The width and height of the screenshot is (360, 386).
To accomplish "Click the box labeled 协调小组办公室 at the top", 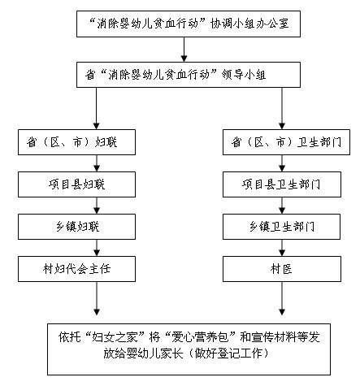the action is [x=189, y=24].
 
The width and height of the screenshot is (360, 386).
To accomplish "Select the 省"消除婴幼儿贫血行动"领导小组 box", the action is [x=189, y=75].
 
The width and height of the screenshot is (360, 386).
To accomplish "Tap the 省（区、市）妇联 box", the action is [x=76, y=142].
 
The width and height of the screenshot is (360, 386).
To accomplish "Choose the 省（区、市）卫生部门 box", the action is [x=286, y=142].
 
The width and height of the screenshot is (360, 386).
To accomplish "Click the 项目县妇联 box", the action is [x=76, y=184].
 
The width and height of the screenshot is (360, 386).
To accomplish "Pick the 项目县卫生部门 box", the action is [x=282, y=184].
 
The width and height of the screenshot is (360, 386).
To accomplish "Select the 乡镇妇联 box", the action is [x=76, y=227].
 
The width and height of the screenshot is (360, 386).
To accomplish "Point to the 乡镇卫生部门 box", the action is [x=281, y=227].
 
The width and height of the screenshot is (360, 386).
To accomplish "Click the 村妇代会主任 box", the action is [x=76, y=269].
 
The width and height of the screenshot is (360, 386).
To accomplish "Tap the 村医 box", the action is [x=282, y=269].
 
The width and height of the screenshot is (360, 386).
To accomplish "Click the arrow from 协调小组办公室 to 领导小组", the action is [x=184, y=50].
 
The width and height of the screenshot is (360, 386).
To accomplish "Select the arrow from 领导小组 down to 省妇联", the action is [x=97, y=108].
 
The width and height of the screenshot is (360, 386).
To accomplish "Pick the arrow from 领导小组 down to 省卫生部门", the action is [x=282, y=108].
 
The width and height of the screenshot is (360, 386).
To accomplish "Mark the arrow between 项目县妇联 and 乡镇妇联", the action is [x=97, y=206].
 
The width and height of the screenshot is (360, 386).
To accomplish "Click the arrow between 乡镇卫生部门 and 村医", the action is [x=282, y=248].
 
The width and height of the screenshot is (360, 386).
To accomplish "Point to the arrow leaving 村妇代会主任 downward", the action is [x=97, y=298].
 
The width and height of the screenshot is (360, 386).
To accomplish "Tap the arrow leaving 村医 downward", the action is [x=282, y=298].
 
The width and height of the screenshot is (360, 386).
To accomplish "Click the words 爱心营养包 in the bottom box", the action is [x=200, y=337].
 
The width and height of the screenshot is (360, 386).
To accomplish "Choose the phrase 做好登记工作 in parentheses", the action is [x=228, y=353].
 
